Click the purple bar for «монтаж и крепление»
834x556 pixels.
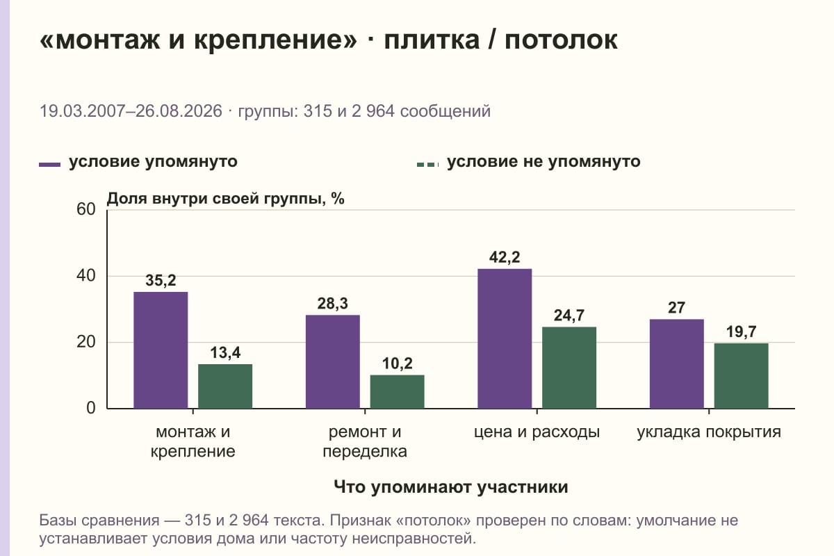point(161,350)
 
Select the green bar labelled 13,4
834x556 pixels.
point(225,386)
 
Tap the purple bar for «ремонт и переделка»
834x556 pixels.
point(333,361)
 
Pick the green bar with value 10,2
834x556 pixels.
point(398,392)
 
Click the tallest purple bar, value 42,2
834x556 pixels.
point(505,338)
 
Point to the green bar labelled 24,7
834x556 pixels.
point(569,368)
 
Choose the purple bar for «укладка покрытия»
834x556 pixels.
point(677,364)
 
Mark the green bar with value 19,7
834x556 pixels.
point(742,376)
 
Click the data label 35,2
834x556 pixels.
point(161,280)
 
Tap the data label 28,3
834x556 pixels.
point(333,304)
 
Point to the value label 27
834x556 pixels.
point(676,308)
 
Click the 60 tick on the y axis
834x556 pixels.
point(86,209)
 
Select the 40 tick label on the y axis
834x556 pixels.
point(86,276)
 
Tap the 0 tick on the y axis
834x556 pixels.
point(91,408)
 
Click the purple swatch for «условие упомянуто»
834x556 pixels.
point(49,165)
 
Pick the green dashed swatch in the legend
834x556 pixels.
point(428,165)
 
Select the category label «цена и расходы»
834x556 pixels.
point(537,432)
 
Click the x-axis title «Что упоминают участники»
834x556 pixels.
point(451,486)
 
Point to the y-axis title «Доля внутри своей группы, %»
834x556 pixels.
point(226,199)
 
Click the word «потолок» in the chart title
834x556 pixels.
point(561,40)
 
